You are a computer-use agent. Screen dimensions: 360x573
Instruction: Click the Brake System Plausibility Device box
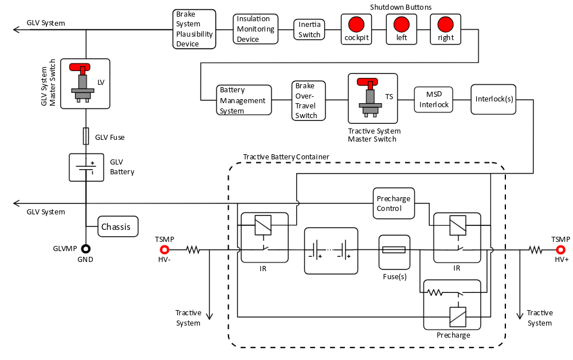(194, 29)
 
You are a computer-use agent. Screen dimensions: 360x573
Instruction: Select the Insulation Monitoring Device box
(256, 29)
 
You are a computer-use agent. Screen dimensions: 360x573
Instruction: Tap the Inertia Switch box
(309, 29)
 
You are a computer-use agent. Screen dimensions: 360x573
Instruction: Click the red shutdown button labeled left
(401, 24)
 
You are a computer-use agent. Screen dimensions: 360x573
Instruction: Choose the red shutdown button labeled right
(445, 24)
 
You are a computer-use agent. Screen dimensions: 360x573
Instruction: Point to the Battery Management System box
(244, 100)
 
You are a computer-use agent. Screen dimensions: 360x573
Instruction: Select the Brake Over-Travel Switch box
(308, 100)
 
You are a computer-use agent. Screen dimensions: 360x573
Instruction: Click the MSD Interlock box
(434, 100)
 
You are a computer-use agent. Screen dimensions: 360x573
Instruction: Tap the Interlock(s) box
(493, 99)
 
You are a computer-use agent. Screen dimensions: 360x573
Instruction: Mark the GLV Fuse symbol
(86, 136)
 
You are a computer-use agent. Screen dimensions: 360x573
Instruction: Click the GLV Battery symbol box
(86, 167)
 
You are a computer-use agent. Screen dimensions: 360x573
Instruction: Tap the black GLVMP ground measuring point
(86, 249)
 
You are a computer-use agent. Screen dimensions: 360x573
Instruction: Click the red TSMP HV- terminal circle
(164, 249)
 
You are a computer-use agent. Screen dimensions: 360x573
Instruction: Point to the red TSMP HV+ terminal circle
(560, 249)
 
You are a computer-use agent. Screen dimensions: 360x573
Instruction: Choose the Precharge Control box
(393, 204)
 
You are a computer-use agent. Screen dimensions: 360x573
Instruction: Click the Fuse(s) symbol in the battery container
(394, 249)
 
